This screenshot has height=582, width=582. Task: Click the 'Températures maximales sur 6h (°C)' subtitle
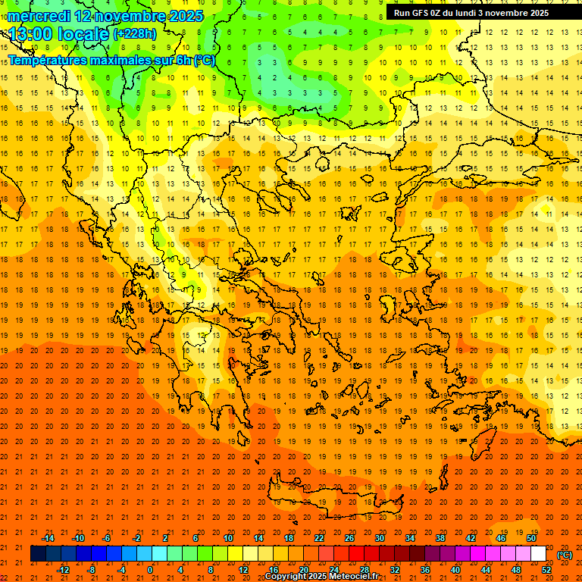(111, 60)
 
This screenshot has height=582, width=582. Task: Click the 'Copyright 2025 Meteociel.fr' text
(321, 577)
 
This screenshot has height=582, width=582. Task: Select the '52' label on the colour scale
(546, 569)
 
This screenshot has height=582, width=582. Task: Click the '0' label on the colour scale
(150, 569)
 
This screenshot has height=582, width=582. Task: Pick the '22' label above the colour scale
(319, 538)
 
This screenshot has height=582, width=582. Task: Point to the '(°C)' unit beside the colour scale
(565, 555)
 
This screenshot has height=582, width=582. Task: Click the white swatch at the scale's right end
(538, 554)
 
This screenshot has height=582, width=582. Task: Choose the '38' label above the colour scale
(440, 538)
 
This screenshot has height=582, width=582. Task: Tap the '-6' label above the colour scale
(107, 538)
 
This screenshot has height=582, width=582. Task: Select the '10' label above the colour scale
(228, 538)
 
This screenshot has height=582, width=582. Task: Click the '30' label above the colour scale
(380, 538)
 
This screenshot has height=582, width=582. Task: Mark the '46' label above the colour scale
(501, 538)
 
